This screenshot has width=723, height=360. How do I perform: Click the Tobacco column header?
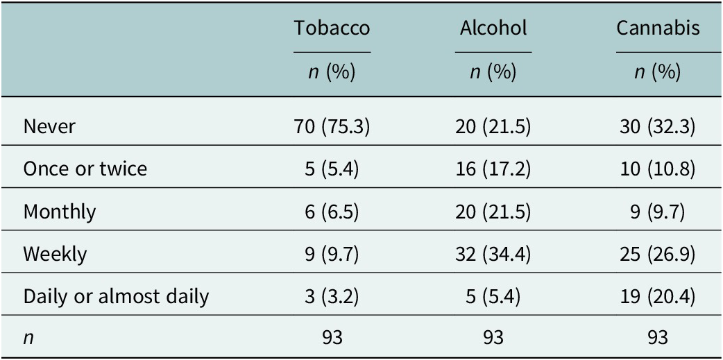[332, 28]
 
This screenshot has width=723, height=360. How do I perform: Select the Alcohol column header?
[493, 28]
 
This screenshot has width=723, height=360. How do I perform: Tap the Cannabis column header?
[658, 28]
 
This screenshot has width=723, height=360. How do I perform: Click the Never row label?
[49, 126]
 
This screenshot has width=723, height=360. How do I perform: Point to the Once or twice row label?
[85, 169]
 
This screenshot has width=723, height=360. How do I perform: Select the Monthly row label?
[60, 212]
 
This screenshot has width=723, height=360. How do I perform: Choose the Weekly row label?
[56, 254]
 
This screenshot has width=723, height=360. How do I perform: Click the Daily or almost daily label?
[116, 296]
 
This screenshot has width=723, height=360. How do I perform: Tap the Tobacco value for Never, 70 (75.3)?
[332, 126]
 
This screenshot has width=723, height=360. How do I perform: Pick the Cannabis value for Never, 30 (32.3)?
[658, 126]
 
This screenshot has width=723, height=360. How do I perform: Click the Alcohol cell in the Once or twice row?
[493, 169]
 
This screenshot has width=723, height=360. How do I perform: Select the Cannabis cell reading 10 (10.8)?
[658, 169]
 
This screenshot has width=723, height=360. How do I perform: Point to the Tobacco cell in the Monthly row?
[332, 212]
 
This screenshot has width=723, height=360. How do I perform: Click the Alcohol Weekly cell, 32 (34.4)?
[493, 254]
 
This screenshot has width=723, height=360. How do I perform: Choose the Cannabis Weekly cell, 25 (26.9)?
[658, 254]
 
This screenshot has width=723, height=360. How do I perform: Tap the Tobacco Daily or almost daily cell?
[332, 296]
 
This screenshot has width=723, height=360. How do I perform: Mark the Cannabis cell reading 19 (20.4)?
[658, 296]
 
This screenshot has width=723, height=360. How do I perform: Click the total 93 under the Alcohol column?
[493, 338]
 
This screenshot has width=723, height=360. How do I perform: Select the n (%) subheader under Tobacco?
[332, 73]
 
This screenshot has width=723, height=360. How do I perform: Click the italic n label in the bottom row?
[28, 338]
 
